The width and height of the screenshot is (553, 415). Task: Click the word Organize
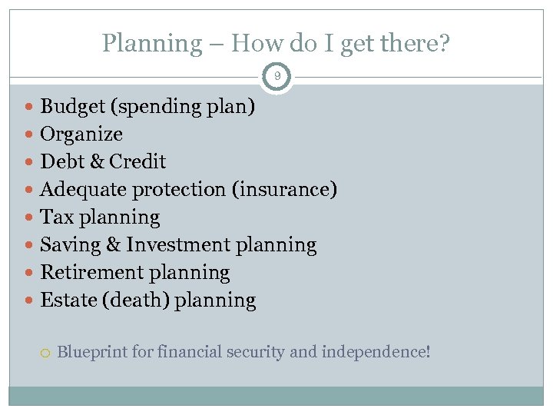click(x=81, y=134)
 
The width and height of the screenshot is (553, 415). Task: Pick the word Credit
click(x=137, y=161)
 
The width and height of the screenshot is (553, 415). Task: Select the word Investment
click(x=178, y=245)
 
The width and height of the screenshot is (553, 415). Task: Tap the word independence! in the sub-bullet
click(x=376, y=352)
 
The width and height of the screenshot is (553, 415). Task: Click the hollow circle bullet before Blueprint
click(x=44, y=353)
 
